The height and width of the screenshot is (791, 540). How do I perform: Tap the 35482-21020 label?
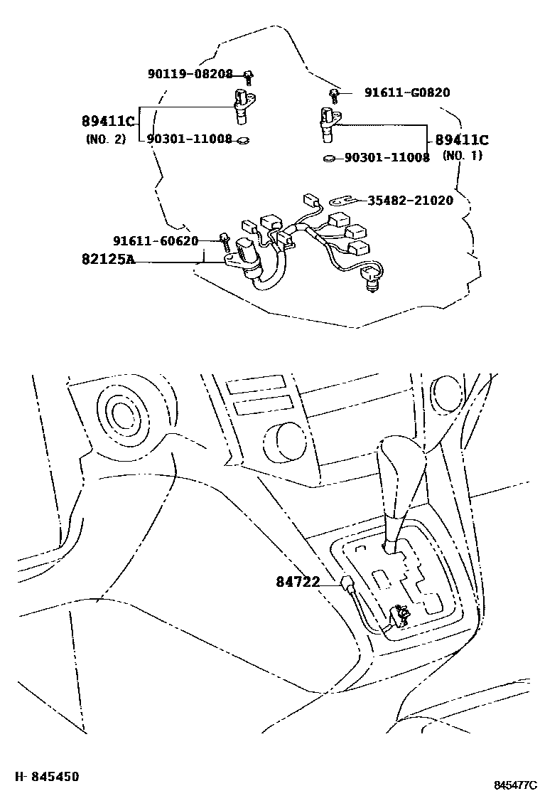(410, 201)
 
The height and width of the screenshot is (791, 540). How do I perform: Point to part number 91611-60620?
(156, 240)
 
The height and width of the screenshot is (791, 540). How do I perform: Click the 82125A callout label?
(107, 260)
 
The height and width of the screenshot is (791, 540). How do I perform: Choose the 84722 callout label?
(297, 583)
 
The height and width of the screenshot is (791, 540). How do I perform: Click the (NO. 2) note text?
(105, 139)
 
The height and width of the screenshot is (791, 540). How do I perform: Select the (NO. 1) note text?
(462, 156)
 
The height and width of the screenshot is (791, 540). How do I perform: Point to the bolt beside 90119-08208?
(249, 75)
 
